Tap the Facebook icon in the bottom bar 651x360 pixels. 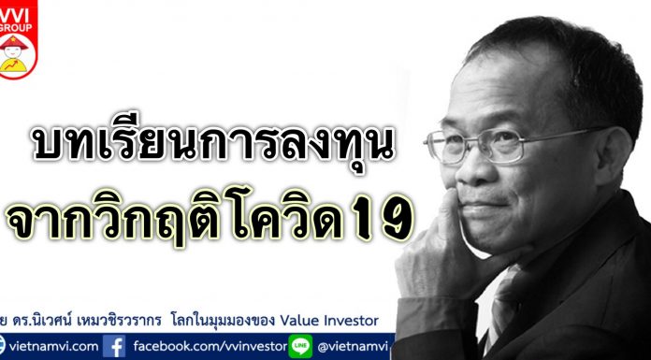[x=117, y=347]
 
